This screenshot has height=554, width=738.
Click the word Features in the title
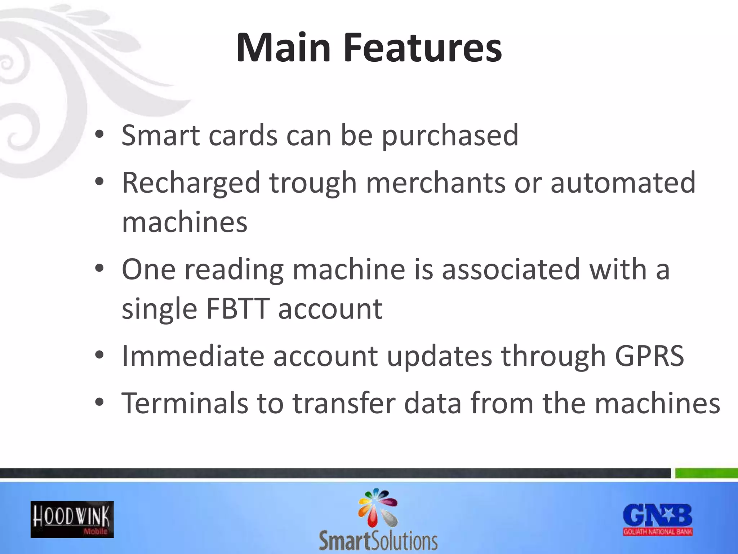pos(422,48)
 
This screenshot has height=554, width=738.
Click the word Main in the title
pos(283,48)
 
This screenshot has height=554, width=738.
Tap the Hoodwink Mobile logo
pos(72,519)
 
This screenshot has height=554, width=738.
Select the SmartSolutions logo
pos(378,519)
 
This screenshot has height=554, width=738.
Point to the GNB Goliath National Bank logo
pos(658,519)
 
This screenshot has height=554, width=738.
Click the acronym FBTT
pos(237,309)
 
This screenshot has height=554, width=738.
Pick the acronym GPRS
pos(649,356)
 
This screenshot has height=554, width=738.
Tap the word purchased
pos(450,136)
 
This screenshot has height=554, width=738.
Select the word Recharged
pos(191,183)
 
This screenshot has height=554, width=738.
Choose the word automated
pos(623,183)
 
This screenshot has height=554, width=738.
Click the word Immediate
pos(193,356)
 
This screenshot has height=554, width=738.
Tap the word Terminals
pos(184,403)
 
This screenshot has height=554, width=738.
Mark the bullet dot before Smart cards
pos(99,135)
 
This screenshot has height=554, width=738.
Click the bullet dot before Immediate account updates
pos(99,356)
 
